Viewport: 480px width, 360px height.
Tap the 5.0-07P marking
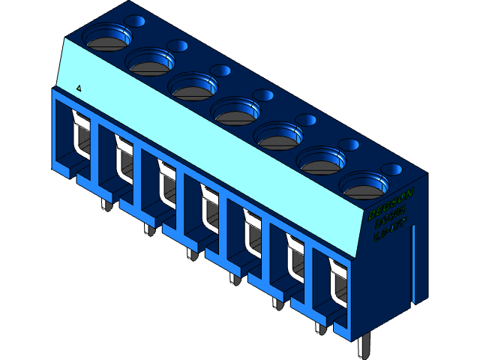coord(390,232)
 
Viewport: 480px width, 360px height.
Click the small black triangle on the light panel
coord(79,88)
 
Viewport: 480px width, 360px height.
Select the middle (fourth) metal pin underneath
coord(235,278)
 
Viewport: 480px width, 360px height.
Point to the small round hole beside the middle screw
coord(264,95)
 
